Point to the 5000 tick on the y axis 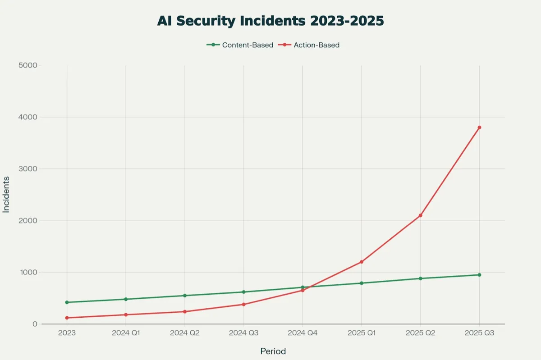coord(28,65)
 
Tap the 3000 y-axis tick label coord(28,169)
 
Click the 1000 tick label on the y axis coord(28,272)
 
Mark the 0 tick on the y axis coord(34,324)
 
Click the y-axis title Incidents coord(6,194)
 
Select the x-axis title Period coord(273,351)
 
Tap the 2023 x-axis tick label coord(67,334)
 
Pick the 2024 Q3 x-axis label coord(243,334)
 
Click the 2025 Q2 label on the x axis coord(420,334)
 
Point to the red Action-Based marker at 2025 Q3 coord(479,128)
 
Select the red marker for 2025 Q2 coord(420,215)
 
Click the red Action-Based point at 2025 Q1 coord(362,262)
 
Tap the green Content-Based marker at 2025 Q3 coord(479,275)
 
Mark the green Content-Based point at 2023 coord(67,302)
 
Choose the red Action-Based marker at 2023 coord(67,318)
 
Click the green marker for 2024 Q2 coord(185,296)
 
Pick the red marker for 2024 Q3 coord(243,304)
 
